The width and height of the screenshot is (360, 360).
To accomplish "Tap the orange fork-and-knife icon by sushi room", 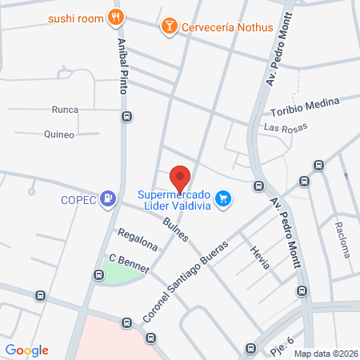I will tap(117, 17).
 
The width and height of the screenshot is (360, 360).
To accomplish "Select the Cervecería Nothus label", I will tap(228, 27).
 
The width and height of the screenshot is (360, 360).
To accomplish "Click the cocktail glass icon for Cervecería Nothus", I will tap(169, 27).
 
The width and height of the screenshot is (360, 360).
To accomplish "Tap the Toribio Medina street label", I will tap(305, 107).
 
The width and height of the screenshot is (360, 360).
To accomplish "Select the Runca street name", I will tap(64, 110).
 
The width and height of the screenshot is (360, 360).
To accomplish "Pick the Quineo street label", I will tap(59, 134).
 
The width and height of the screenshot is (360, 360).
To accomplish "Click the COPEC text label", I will tap(77, 200).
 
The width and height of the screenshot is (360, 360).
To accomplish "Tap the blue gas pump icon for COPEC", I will tap(108, 199).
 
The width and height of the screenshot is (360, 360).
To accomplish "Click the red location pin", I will tap(181, 178).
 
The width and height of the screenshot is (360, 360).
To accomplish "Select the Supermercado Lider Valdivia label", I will tap(174, 199).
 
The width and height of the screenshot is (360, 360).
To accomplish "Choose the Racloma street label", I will tap(342, 238).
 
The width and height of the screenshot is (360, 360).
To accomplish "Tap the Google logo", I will tap(27, 350).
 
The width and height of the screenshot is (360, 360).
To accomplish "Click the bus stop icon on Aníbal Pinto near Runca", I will tap(126, 117).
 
